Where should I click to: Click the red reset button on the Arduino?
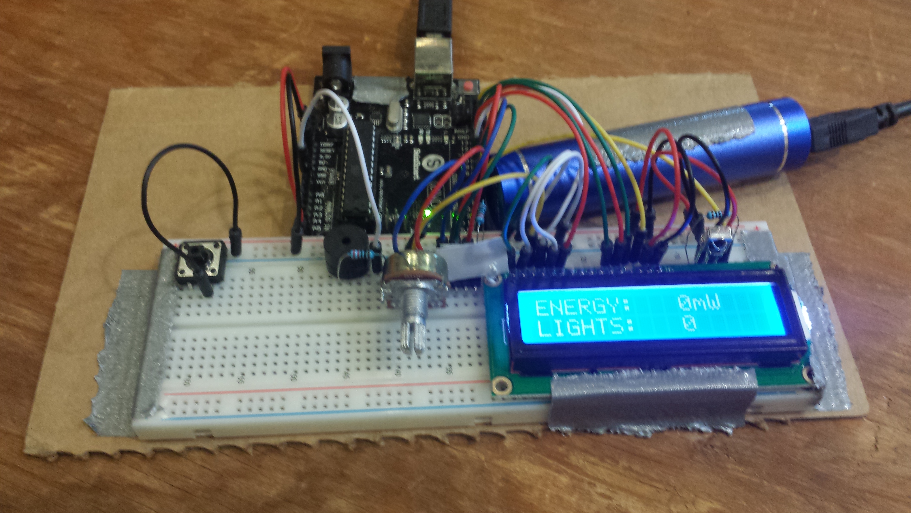point(469,86)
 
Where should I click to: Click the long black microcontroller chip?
point(357,177)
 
